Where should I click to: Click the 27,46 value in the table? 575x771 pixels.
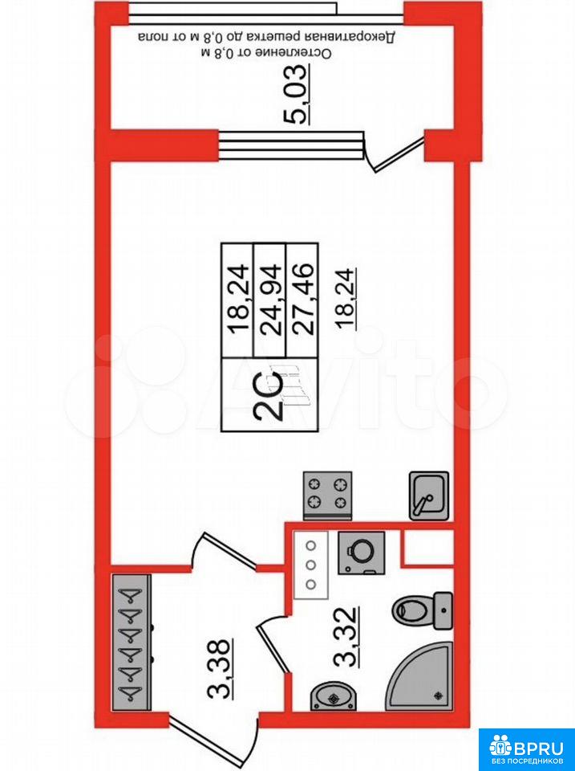pyautogui.click(x=302, y=299)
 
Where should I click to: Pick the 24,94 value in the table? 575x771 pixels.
pyautogui.click(x=270, y=299)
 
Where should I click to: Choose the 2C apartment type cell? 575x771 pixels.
pyautogui.click(x=269, y=395)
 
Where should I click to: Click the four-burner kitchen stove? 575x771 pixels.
pyautogui.click(x=328, y=496)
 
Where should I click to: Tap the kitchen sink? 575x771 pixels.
pyautogui.click(x=429, y=496)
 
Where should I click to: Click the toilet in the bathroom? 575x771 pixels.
pyautogui.click(x=423, y=610)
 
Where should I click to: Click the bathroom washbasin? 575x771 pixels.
pyautogui.click(x=334, y=696)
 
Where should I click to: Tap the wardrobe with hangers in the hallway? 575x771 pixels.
pyautogui.click(x=131, y=642)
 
